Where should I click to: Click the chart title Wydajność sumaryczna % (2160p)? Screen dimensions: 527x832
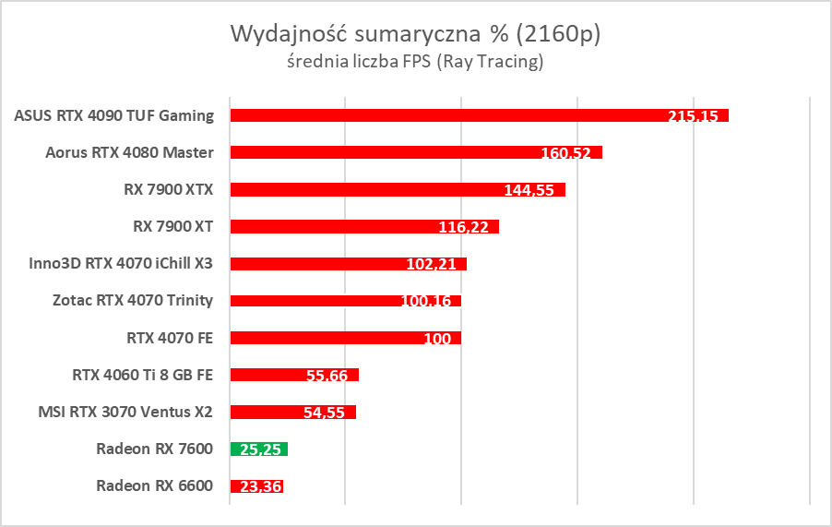414,34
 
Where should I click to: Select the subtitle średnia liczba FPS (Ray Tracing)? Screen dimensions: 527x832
414,63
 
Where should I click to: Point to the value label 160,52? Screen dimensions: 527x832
565,153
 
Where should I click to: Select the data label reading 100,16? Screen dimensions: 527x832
425,301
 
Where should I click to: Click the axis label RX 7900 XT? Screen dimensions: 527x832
173,226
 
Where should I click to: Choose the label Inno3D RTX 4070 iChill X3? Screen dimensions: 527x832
122,263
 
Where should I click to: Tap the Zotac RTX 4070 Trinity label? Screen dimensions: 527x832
133,300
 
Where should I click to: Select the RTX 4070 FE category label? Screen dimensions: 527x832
170,338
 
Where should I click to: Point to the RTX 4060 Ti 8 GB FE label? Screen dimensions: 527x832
142,375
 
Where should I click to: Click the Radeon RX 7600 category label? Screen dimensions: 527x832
154,449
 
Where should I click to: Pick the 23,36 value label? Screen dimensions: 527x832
260,486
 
